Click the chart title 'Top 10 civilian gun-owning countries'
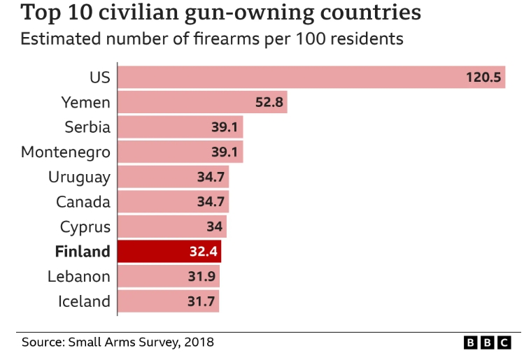[x=221, y=13]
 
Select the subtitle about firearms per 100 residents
[x=212, y=39]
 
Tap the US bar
[x=311, y=77]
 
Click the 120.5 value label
[x=484, y=78]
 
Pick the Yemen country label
[x=85, y=103]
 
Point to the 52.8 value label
[x=269, y=103]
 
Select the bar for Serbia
[x=180, y=127]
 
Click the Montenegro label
[x=66, y=152]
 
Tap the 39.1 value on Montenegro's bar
[x=225, y=152]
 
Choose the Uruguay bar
[x=173, y=177]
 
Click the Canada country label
[x=83, y=202]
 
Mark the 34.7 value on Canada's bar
[x=211, y=202]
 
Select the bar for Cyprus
[x=171, y=226]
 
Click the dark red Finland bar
[x=169, y=252]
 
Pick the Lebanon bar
[x=168, y=276]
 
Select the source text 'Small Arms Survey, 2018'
[x=141, y=343]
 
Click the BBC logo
[x=487, y=343]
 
